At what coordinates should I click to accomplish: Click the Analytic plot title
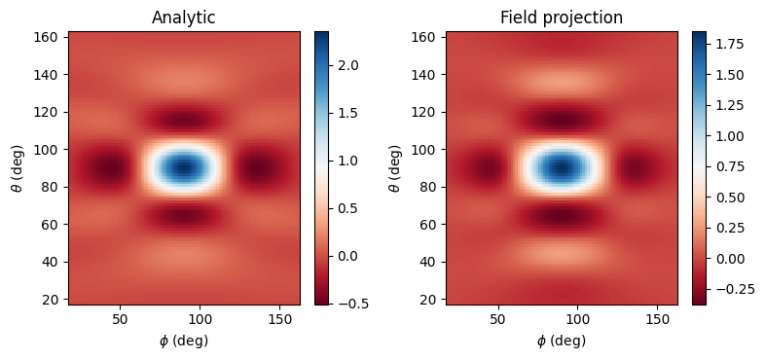tap(184, 18)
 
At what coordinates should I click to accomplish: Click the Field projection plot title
tap(562, 18)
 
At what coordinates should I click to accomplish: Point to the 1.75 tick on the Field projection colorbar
tap(727, 46)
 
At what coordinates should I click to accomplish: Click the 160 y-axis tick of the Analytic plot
tap(49, 37)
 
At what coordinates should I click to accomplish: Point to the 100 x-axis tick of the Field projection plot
tap(578, 318)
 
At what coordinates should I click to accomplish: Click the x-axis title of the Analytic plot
tap(184, 340)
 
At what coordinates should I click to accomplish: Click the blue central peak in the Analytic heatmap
tap(184, 168)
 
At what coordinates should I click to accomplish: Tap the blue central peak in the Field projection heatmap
tap(562, 168)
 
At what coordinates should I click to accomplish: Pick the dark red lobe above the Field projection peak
tap(562, 121)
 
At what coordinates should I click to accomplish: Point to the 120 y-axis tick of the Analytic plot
tap(49, 112)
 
